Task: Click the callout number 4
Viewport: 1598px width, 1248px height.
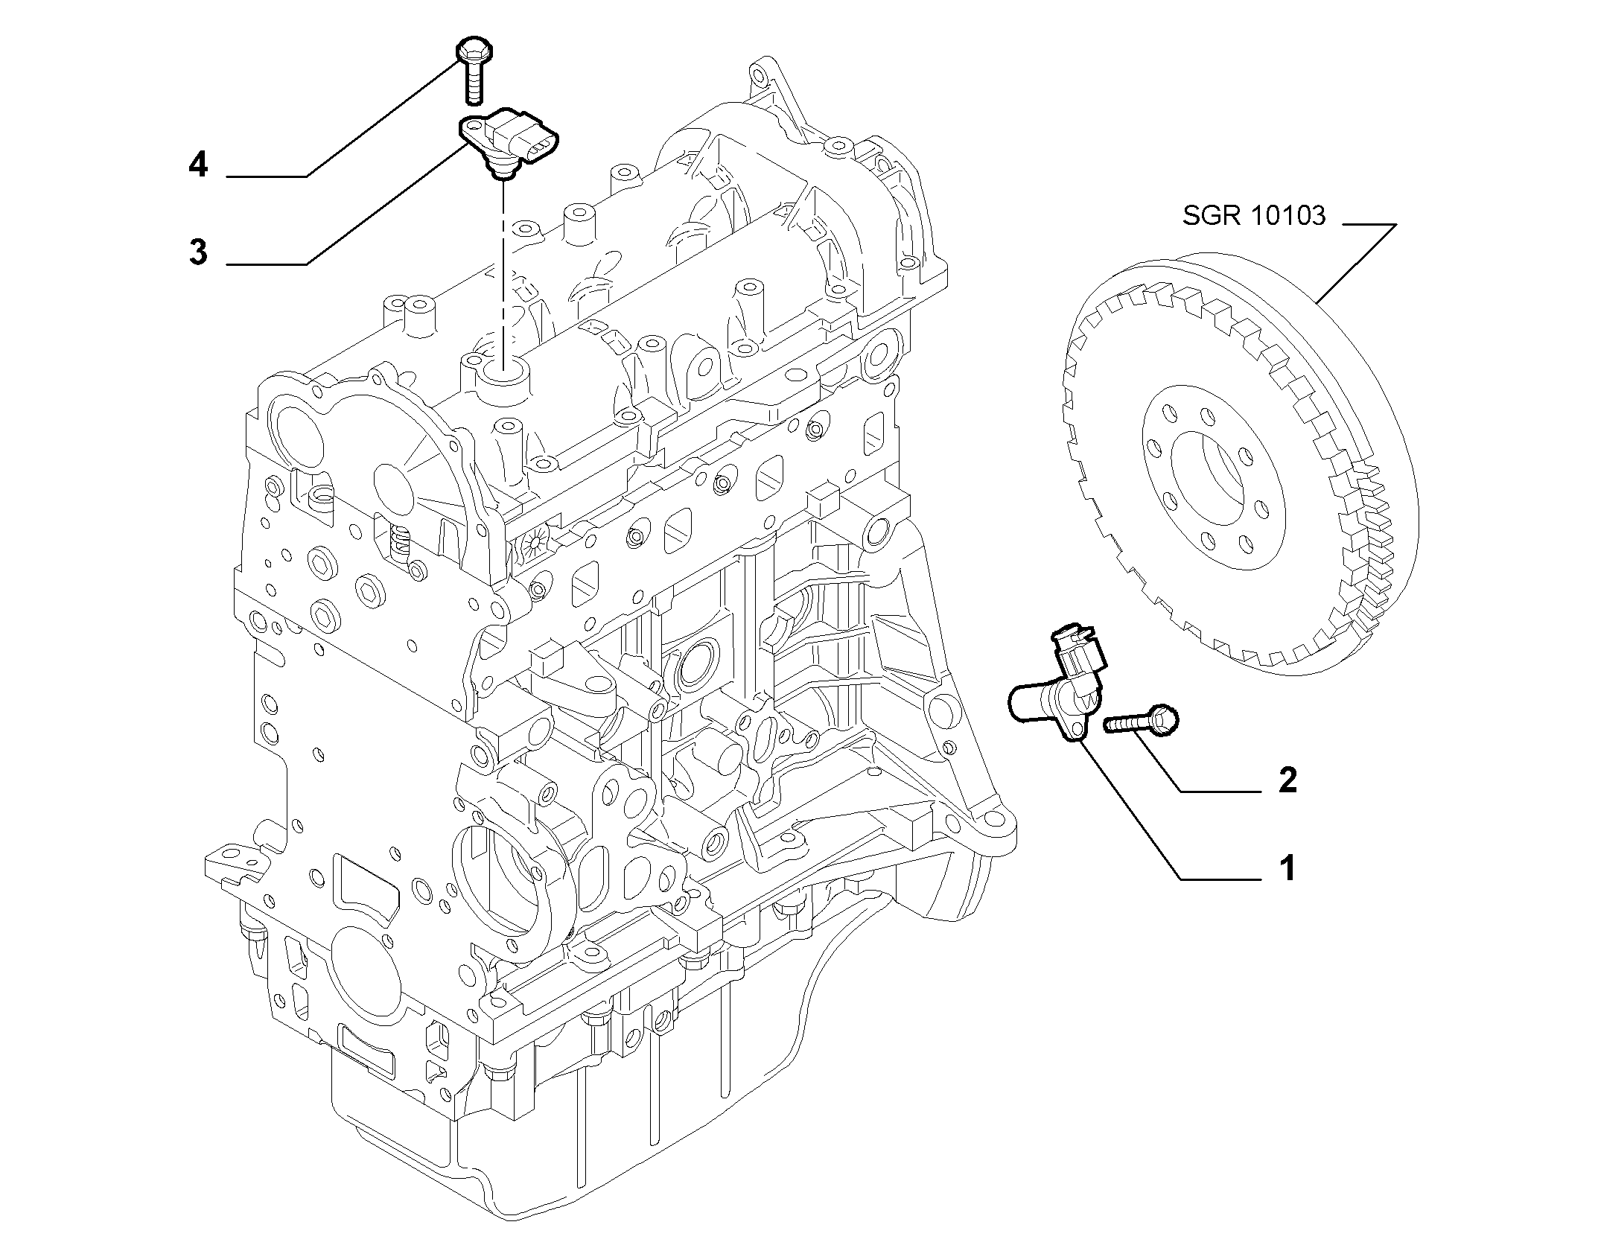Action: point(197,165)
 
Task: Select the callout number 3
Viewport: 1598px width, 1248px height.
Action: point(198,252)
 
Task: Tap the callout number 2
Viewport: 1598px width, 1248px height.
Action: point(1287,780)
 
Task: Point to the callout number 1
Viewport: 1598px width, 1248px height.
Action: point(1287,868)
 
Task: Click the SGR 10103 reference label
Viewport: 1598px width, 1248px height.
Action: point(1255,216)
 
